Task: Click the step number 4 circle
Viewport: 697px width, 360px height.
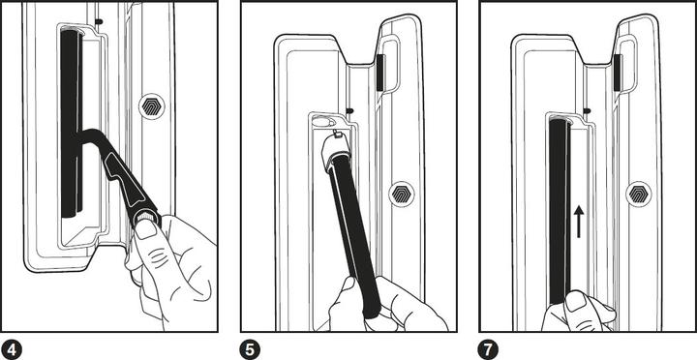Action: [13, 346]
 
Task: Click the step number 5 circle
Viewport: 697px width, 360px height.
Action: [249, 346]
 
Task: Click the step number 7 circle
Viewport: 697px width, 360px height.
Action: [489, 346]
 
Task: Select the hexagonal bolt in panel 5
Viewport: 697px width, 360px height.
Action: [400, 194]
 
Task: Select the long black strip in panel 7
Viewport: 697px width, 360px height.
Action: [558, 203]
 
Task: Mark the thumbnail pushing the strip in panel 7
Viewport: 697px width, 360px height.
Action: [574, 303]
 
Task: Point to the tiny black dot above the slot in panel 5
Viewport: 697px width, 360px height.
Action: [349, 108]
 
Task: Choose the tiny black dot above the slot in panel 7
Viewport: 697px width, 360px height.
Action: [588, 108]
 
